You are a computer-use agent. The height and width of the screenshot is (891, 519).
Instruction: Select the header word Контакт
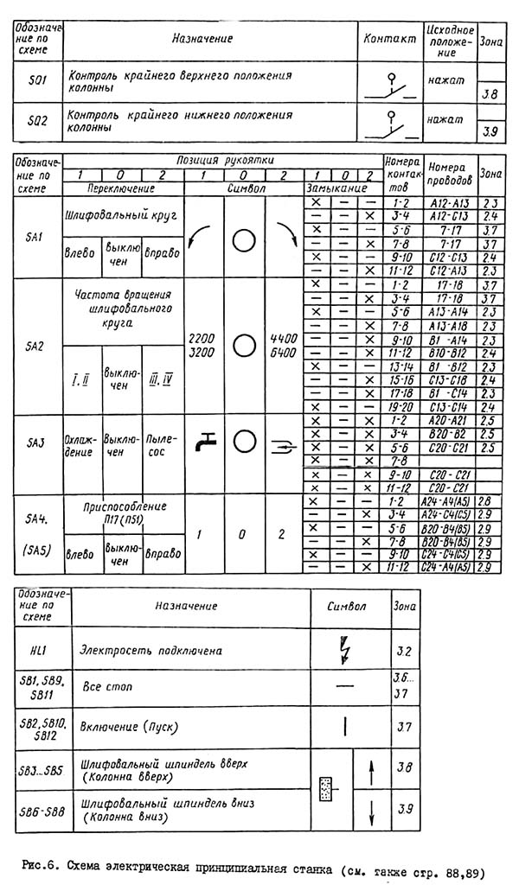tap(388, 39)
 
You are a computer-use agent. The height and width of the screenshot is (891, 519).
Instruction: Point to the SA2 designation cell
tap(35, 345)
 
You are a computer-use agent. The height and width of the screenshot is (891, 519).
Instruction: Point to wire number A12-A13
tap(449, 201)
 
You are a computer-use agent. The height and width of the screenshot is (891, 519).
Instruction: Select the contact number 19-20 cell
tap(401, 406)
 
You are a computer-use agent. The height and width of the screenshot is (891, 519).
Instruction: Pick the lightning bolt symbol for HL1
tap(346, 649)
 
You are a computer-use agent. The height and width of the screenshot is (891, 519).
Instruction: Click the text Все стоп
tap(103, 688)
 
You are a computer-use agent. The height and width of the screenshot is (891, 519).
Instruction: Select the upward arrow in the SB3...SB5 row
tap(369, 767)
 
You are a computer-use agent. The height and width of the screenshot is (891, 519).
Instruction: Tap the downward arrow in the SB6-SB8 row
tap(369, 812)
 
